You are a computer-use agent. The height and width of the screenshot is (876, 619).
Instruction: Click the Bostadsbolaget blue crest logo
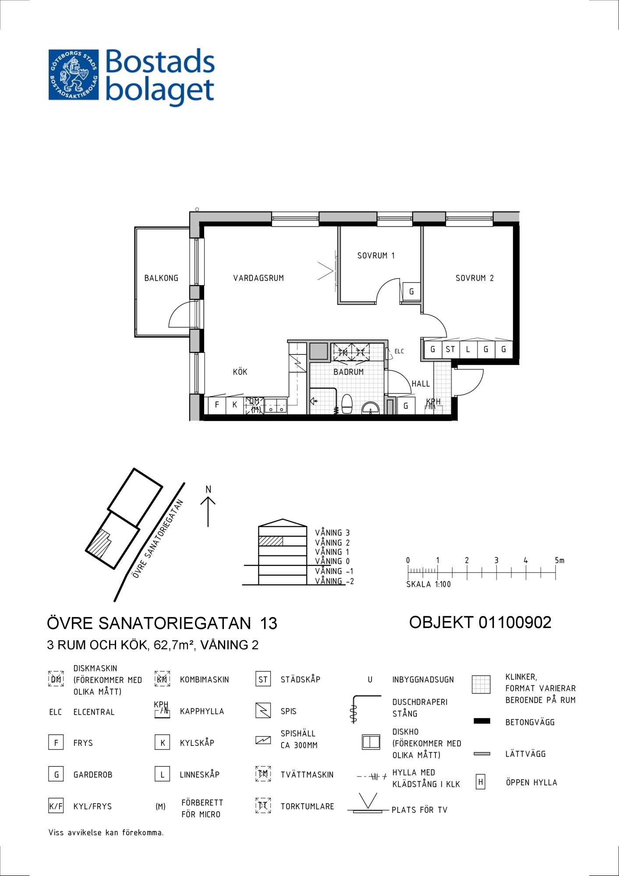point(74,74)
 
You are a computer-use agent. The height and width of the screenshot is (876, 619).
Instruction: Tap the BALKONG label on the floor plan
point(161,278)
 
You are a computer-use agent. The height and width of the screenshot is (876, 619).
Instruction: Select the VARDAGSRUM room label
point(258,278)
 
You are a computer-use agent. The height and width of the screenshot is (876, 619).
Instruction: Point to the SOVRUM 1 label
point(376,255)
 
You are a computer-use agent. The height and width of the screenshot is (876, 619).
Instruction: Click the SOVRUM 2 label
point(474,278)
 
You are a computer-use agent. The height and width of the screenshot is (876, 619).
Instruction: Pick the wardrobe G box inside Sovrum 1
point(411,291)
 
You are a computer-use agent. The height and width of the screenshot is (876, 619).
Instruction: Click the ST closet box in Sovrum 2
point(450,350)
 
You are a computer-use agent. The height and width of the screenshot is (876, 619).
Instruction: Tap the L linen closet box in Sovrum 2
point(468,350)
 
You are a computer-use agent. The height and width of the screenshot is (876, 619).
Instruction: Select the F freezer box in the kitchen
point(217,405)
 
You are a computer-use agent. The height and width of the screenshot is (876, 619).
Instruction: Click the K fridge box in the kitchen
point(235,405)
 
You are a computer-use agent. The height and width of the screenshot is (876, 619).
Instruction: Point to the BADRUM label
point(349,372)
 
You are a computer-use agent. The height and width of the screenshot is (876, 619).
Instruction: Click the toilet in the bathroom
point(347,404)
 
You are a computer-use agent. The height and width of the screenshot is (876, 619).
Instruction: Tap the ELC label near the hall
point(399,351)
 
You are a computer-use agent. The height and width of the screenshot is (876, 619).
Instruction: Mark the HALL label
point(421,384)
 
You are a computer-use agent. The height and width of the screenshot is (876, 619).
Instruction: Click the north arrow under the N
point(208,511)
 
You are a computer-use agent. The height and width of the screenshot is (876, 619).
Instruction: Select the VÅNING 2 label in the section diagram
point(332,543)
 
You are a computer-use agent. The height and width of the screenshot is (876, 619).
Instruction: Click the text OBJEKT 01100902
point(480,622)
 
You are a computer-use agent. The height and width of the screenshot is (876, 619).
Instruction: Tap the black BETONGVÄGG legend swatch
point(482,721)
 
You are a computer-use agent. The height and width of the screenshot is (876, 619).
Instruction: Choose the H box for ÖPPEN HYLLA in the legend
point(481,782)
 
